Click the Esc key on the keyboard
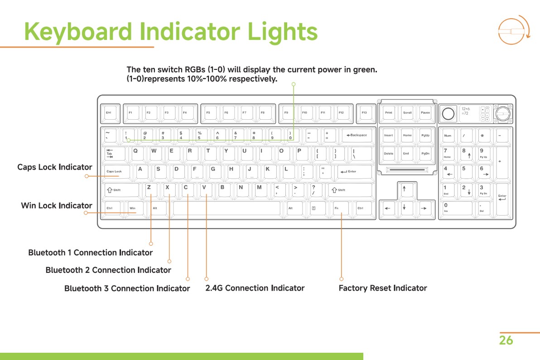tap(109, 113)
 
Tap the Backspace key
tap(357, 136)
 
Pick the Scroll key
tap(407, 113)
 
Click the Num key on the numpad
tap(448, 136)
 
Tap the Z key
tap(151, 190)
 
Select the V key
tap(206, 190)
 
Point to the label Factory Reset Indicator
tap(383, 288)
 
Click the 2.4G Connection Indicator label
tap(255, 288)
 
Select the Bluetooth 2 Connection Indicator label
tap(108, 270)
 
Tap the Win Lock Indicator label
tap(57, 206)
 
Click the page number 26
tap(506, 341)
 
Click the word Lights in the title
tap(283, 32)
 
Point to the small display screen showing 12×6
tap(469, 113)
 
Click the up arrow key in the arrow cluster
tap(404, 190)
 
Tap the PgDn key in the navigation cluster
tap(425, 154)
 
